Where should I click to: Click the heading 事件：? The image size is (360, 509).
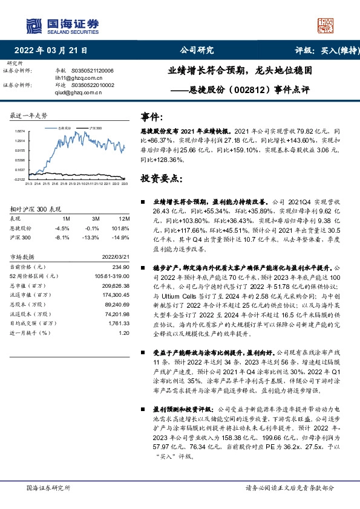tap(152, 117)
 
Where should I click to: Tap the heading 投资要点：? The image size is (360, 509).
tap(161, 179)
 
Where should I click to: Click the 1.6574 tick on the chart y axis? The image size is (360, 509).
tap(21, 131)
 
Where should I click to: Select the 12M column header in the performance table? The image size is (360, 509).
tap(125, 218)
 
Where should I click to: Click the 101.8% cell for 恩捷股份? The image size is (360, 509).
tap(122, 229)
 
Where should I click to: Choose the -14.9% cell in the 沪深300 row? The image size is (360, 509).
tap(122, 238)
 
